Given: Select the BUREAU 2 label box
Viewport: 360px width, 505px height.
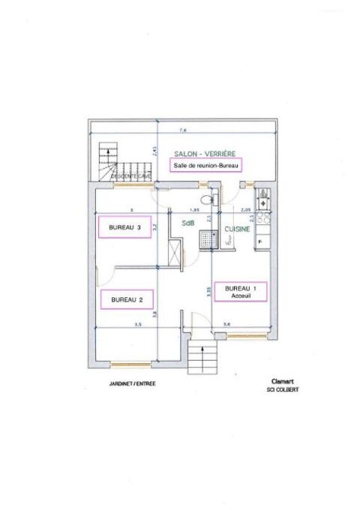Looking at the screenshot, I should tap(127, 299).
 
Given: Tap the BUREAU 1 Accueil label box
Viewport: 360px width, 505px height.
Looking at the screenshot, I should tap(240, 292).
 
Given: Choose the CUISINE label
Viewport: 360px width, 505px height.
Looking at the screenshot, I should tap(237, 229).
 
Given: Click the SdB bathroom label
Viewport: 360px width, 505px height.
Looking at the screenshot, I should tap(190, 223).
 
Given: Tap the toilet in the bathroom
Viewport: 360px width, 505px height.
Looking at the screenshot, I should tap(214, 200).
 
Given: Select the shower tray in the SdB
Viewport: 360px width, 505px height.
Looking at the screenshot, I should tap(207, 239).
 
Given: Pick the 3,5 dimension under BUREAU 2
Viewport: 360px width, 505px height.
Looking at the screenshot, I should tap(137, 325).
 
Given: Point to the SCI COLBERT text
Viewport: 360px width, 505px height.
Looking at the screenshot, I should tap(279, 389).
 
